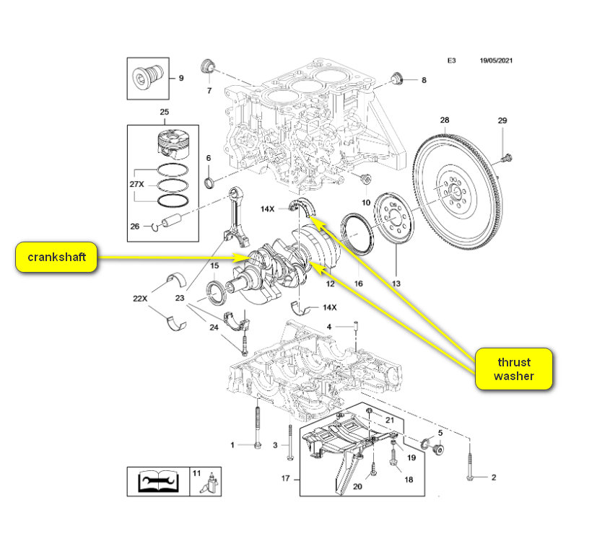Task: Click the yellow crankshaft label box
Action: (56, 257)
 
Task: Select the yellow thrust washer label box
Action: (513, 369)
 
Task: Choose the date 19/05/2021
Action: (501, 61)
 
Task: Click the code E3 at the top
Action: (451, 61)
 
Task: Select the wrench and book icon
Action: (158, 481)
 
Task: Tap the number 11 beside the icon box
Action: (196, 472)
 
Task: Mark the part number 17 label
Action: (285, 477)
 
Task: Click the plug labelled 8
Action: (396, 77)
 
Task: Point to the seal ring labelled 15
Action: (214, 292)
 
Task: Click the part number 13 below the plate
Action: (395, 283)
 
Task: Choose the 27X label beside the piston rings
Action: (136, 184)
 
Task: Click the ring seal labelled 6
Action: (209, 180)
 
